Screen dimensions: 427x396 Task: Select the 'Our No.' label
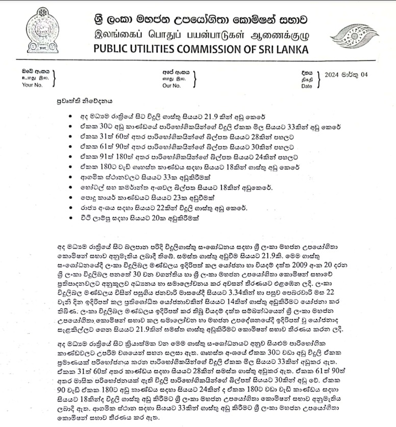tap(171, 85)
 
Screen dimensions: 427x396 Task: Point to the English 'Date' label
tap(306, 86)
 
